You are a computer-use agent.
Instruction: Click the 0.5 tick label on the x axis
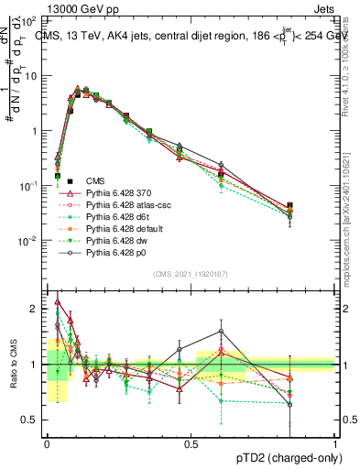coord(191,443)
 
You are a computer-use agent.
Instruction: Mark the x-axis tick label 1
coord(334,443)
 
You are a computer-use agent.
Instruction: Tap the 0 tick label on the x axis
coord(47,443)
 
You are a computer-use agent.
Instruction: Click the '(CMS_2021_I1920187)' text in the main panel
coord(191,275)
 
